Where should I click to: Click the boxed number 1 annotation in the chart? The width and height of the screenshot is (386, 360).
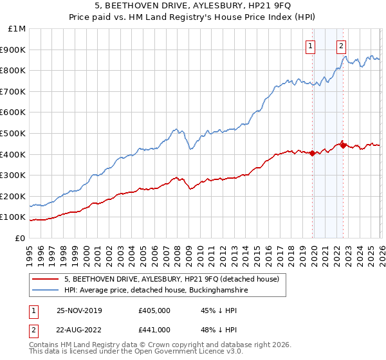[x=311, y=46]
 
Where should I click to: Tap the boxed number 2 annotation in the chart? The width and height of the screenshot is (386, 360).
[x=340, y=46]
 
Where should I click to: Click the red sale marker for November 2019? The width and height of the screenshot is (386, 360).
[x=312, y=153]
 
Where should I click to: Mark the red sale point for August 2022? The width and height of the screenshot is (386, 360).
[x=343, y=145]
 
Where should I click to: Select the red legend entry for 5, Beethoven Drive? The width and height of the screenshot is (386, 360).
[x=171, y=279]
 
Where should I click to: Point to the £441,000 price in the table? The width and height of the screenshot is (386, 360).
[x=154, y=329]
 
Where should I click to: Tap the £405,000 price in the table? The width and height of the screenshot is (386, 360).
[x=154, y=310]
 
